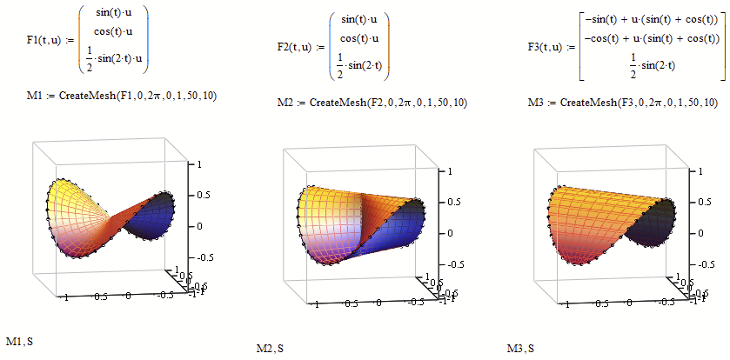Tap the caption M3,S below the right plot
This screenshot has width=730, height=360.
point(520,349)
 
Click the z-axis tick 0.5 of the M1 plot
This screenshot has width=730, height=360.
point(204,195)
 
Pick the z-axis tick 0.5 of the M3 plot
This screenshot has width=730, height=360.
point(704,202)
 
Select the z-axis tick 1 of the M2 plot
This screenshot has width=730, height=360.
point(450,172)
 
